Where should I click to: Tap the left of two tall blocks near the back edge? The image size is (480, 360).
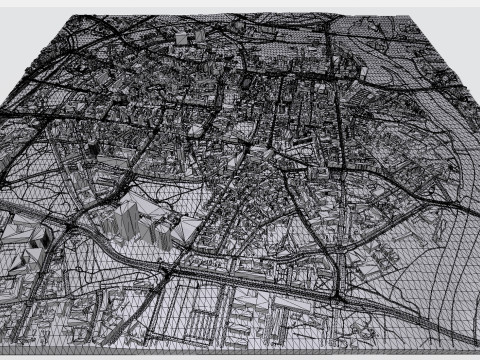pyautogui.click(x=181, y=37)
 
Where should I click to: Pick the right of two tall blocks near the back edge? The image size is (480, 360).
pyautogui.click(x=199, y=34)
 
